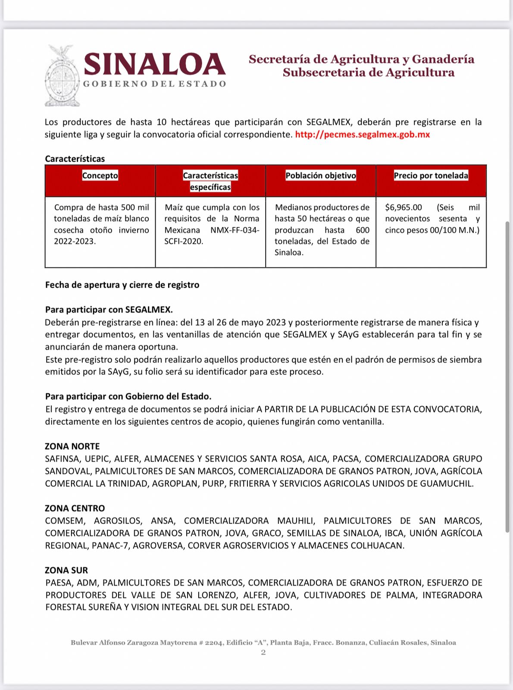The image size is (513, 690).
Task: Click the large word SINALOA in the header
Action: tap(154, 64)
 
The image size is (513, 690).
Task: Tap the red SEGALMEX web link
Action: tap(362, 135)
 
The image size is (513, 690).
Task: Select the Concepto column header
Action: tap(100, 176)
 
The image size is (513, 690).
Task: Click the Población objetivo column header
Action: tap(321, 176)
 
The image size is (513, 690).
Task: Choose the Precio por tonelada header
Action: tap(431, 176)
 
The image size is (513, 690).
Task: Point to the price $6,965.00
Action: tap(404, 207)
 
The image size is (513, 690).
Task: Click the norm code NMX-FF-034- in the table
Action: tap(235, 230)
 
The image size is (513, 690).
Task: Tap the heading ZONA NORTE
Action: tap(72, 446)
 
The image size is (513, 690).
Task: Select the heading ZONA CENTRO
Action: tap(75, 508)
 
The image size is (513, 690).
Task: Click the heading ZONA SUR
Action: tap(66, 570)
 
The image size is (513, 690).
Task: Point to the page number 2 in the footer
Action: tap(263, 652)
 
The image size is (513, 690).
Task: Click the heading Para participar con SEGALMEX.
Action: tap(109, 310)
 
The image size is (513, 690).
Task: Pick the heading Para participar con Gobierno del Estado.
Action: tap(128, 396)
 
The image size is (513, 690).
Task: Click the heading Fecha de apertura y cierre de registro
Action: tap(122, 285)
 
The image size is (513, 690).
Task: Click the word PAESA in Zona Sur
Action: tap(59, 583)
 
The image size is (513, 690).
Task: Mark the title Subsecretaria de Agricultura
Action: tap(369, 72)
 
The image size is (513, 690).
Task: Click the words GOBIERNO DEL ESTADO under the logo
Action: tap(154, 84)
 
